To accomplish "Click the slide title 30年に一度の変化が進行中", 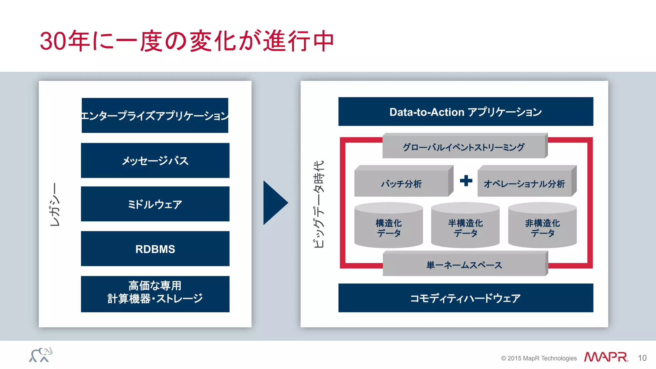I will click(x=187, y=41).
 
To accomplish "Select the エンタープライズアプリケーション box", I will click(x=155, y=115).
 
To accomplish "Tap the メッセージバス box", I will click(x=155, y=160).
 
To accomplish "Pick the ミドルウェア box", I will click(x=155, y=204).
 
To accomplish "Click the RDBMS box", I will click(x=155, y=249).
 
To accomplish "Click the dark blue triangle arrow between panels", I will click(x=274, y=203).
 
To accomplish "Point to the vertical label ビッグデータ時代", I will click(x=319, y=204).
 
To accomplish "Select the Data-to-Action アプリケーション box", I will click(x=465, y=112).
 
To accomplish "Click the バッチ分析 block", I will click(x=401, y=184).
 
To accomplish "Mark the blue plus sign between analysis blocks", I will click(x=466, y=181).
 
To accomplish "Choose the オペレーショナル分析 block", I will click(x=524, y=184).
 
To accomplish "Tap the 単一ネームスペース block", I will click(x=464, y=265).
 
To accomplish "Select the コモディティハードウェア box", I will click(x=465, y=298).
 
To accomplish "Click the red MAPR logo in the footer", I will click(x=606, y=357).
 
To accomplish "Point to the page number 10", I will click(x=642, y=358).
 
